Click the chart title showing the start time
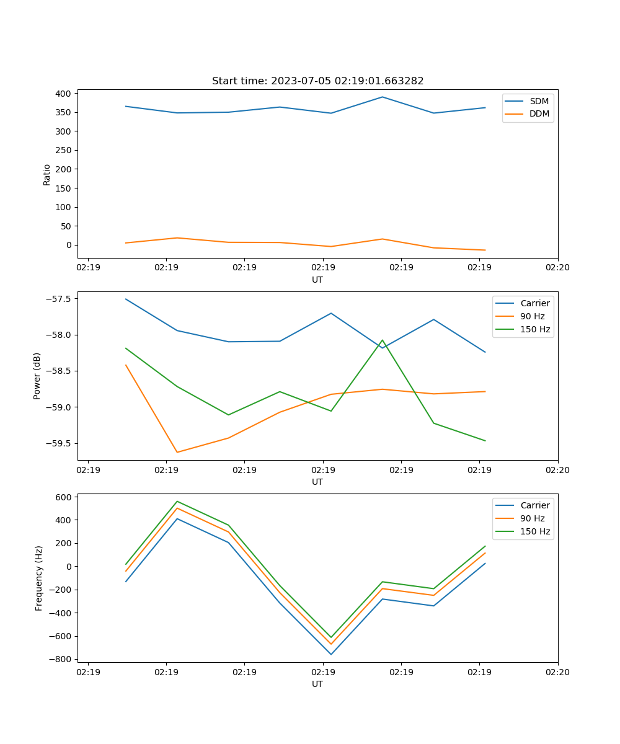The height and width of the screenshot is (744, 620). pyautogui.click(x=317, y=81)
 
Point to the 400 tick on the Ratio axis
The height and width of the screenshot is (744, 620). pyautogui.click(x=63, y=94)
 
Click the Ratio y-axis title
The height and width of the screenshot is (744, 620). pyautogui.click(x=47, y=174)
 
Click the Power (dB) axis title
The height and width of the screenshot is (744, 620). pyautogui.click(x=37, y=376)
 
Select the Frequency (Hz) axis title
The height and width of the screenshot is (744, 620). pyautogui.click(x=38, y=578)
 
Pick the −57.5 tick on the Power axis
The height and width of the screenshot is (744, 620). pyautogui.click(x=60, y=299)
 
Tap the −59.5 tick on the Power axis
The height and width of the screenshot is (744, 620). pyautogui.click(x=60, y=443)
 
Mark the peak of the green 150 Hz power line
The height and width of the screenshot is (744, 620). pyautogui.click(x=383, y=340)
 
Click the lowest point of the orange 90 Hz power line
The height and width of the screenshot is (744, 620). pyautogui.click(x=177, y=452)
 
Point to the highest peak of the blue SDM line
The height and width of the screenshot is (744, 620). pyautogui.click(x=383, y=97)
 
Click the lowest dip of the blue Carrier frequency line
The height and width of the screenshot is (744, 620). pyautogui.click(x=331, y=654)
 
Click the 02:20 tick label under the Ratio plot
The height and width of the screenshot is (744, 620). pyautogui.click(x=557, y=268)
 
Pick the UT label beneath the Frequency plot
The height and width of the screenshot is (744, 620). pyautogui.click(x=317, y=684)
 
